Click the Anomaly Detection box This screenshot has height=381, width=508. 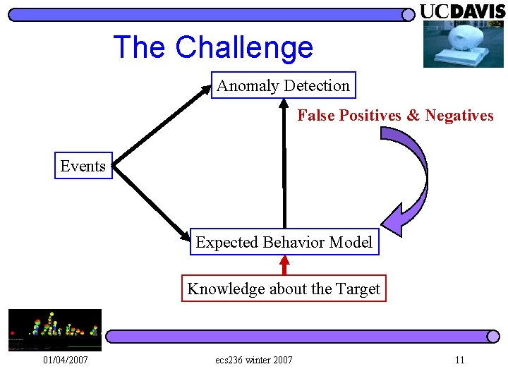283,85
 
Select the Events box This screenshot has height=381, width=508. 83,166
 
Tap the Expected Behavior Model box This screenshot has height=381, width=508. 284,242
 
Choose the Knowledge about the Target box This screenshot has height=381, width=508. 284,289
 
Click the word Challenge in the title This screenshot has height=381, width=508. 244,47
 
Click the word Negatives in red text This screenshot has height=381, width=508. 459,116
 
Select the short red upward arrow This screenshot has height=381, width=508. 284,265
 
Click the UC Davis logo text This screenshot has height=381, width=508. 463,11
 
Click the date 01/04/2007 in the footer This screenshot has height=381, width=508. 65,361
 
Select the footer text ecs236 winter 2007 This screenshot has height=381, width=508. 254,361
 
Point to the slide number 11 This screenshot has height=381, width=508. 460,361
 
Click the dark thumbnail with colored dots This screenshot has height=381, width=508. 54,329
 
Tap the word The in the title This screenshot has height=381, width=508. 140,47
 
